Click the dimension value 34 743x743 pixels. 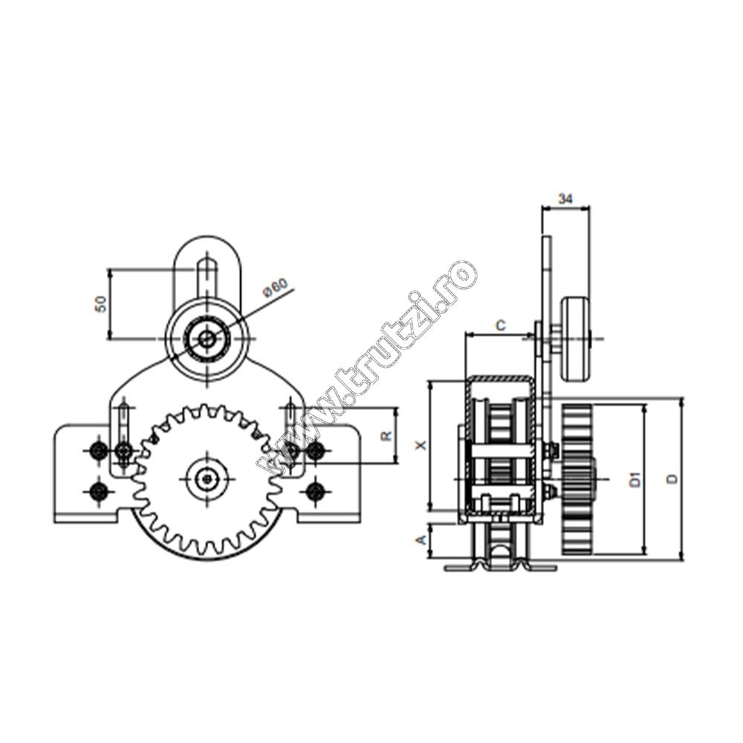tap(565, 198)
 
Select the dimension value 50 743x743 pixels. tap(101, 304)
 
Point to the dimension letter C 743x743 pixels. tap(500, 325)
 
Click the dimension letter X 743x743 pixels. tap(421, 445)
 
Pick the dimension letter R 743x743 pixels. tap(386, 435)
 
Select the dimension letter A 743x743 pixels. tap(421, 539)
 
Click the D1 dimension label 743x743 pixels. tap(635, 479)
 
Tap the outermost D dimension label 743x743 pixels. tap(672, 479)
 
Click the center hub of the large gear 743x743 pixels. tap(207, 479)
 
